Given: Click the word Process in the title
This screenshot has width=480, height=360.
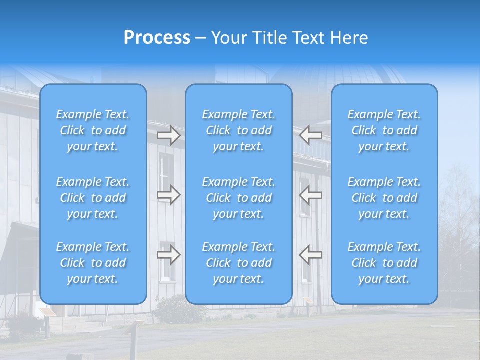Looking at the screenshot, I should (x=157, y=38).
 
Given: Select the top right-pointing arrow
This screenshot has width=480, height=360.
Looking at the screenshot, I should (x=168, y=135).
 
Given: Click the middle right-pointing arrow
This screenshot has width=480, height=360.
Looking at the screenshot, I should (x=168, y=195).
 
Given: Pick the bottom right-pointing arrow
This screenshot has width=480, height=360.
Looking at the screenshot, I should (x=168, y=255).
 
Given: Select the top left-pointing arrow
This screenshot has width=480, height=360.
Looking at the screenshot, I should (x=311, y=135).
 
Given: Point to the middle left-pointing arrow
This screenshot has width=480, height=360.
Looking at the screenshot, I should (x=311, y=195).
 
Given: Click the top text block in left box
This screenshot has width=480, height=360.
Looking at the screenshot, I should (x=93, y=130).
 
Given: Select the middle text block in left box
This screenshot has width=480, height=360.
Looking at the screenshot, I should (x=93, y=198).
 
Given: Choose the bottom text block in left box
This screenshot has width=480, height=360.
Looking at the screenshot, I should (x=93, y=263).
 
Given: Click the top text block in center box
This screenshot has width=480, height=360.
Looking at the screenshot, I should (x=239, y=130).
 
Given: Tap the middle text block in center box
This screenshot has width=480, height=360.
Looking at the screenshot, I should (x=239, y=198).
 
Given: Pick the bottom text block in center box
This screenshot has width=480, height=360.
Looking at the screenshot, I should (x=239, y=263).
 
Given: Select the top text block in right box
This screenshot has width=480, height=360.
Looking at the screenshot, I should (x=384, y=130).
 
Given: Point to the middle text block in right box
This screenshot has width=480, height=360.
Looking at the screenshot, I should (x=384, y=198).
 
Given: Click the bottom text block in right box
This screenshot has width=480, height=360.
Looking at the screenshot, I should (x=384, y=263).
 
